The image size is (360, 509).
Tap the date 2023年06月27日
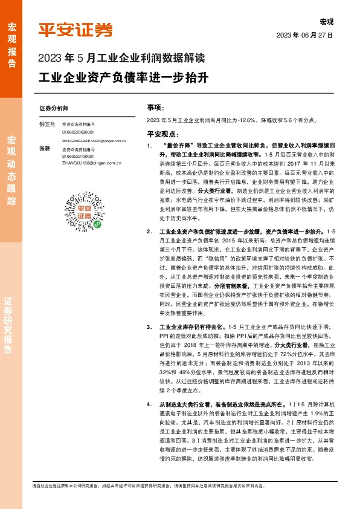(305, 34)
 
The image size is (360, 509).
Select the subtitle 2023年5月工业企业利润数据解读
(121, 59)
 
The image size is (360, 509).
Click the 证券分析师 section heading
(54, 109)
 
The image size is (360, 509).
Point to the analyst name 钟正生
(47, 123)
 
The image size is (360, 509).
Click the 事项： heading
(155, 108)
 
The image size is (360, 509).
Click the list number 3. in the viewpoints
(149, 327)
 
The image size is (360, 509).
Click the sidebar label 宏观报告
(11, 45)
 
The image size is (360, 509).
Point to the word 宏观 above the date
(327, 22)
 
